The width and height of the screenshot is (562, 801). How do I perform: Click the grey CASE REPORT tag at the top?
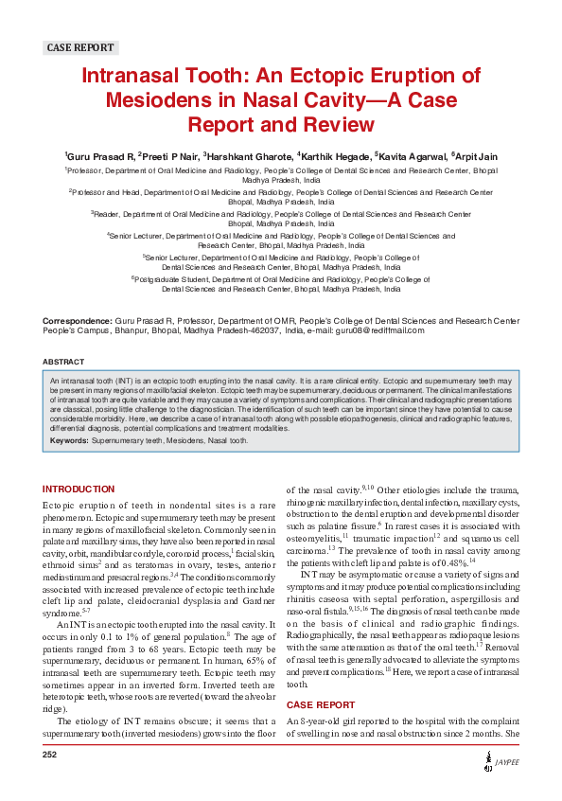coord(80,47)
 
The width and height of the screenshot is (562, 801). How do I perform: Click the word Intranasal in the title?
coord(140,77)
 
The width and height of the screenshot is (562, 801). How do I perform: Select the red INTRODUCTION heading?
coord(79,489)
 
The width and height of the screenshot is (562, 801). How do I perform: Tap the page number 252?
coord(50,755)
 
